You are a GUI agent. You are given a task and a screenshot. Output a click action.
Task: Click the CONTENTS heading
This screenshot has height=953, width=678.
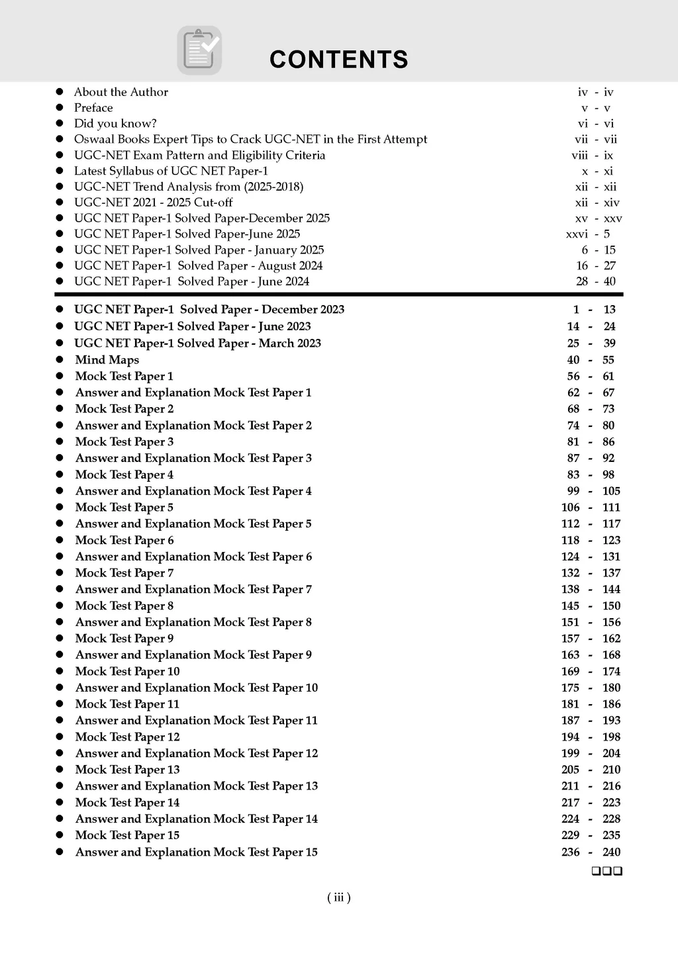(x=338, y=60)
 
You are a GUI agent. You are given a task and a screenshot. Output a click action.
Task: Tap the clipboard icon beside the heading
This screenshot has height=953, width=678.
(x=199, y=50)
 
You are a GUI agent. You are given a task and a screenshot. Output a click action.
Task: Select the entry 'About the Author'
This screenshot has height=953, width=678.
(x=121, y=92)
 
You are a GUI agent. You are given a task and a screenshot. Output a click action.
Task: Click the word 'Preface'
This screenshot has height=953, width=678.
(x=93, y=108)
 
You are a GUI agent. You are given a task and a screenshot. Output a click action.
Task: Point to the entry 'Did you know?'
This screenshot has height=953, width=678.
(x=115, y=124)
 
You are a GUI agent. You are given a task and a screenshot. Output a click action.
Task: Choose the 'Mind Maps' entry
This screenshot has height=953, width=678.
(x=107, y=360)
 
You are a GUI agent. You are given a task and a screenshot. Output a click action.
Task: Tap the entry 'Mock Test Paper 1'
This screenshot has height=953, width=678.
(x=124, y=377)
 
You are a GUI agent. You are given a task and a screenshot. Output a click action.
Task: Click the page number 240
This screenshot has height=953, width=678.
(x=611, y=852)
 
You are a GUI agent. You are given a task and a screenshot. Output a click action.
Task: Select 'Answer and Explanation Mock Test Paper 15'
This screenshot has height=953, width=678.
(x=196, y=852)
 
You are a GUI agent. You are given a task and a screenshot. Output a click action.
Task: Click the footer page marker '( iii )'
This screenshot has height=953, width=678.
(x=338, y=897)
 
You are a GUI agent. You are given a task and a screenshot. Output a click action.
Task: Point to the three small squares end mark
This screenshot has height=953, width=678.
(x=606, y=871)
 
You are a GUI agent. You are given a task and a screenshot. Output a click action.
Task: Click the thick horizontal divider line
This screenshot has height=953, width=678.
(x=338, y=294)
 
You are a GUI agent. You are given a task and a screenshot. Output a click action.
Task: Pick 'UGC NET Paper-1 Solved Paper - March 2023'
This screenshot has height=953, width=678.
(x=197, y=343)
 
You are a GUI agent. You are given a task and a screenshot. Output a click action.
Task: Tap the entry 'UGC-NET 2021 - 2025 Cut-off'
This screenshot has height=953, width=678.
(x=153, y=203)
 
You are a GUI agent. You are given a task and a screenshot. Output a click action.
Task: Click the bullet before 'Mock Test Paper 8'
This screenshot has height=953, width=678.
(x=60, y=606)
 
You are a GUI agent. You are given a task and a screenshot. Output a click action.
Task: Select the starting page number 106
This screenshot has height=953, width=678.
(x=570, y=508)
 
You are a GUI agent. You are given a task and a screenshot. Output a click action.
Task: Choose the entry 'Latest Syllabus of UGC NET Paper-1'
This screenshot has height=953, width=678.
(x=171, y=171)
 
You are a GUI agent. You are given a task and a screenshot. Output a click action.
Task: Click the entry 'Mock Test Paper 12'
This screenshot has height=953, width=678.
(x=127, y=737)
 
